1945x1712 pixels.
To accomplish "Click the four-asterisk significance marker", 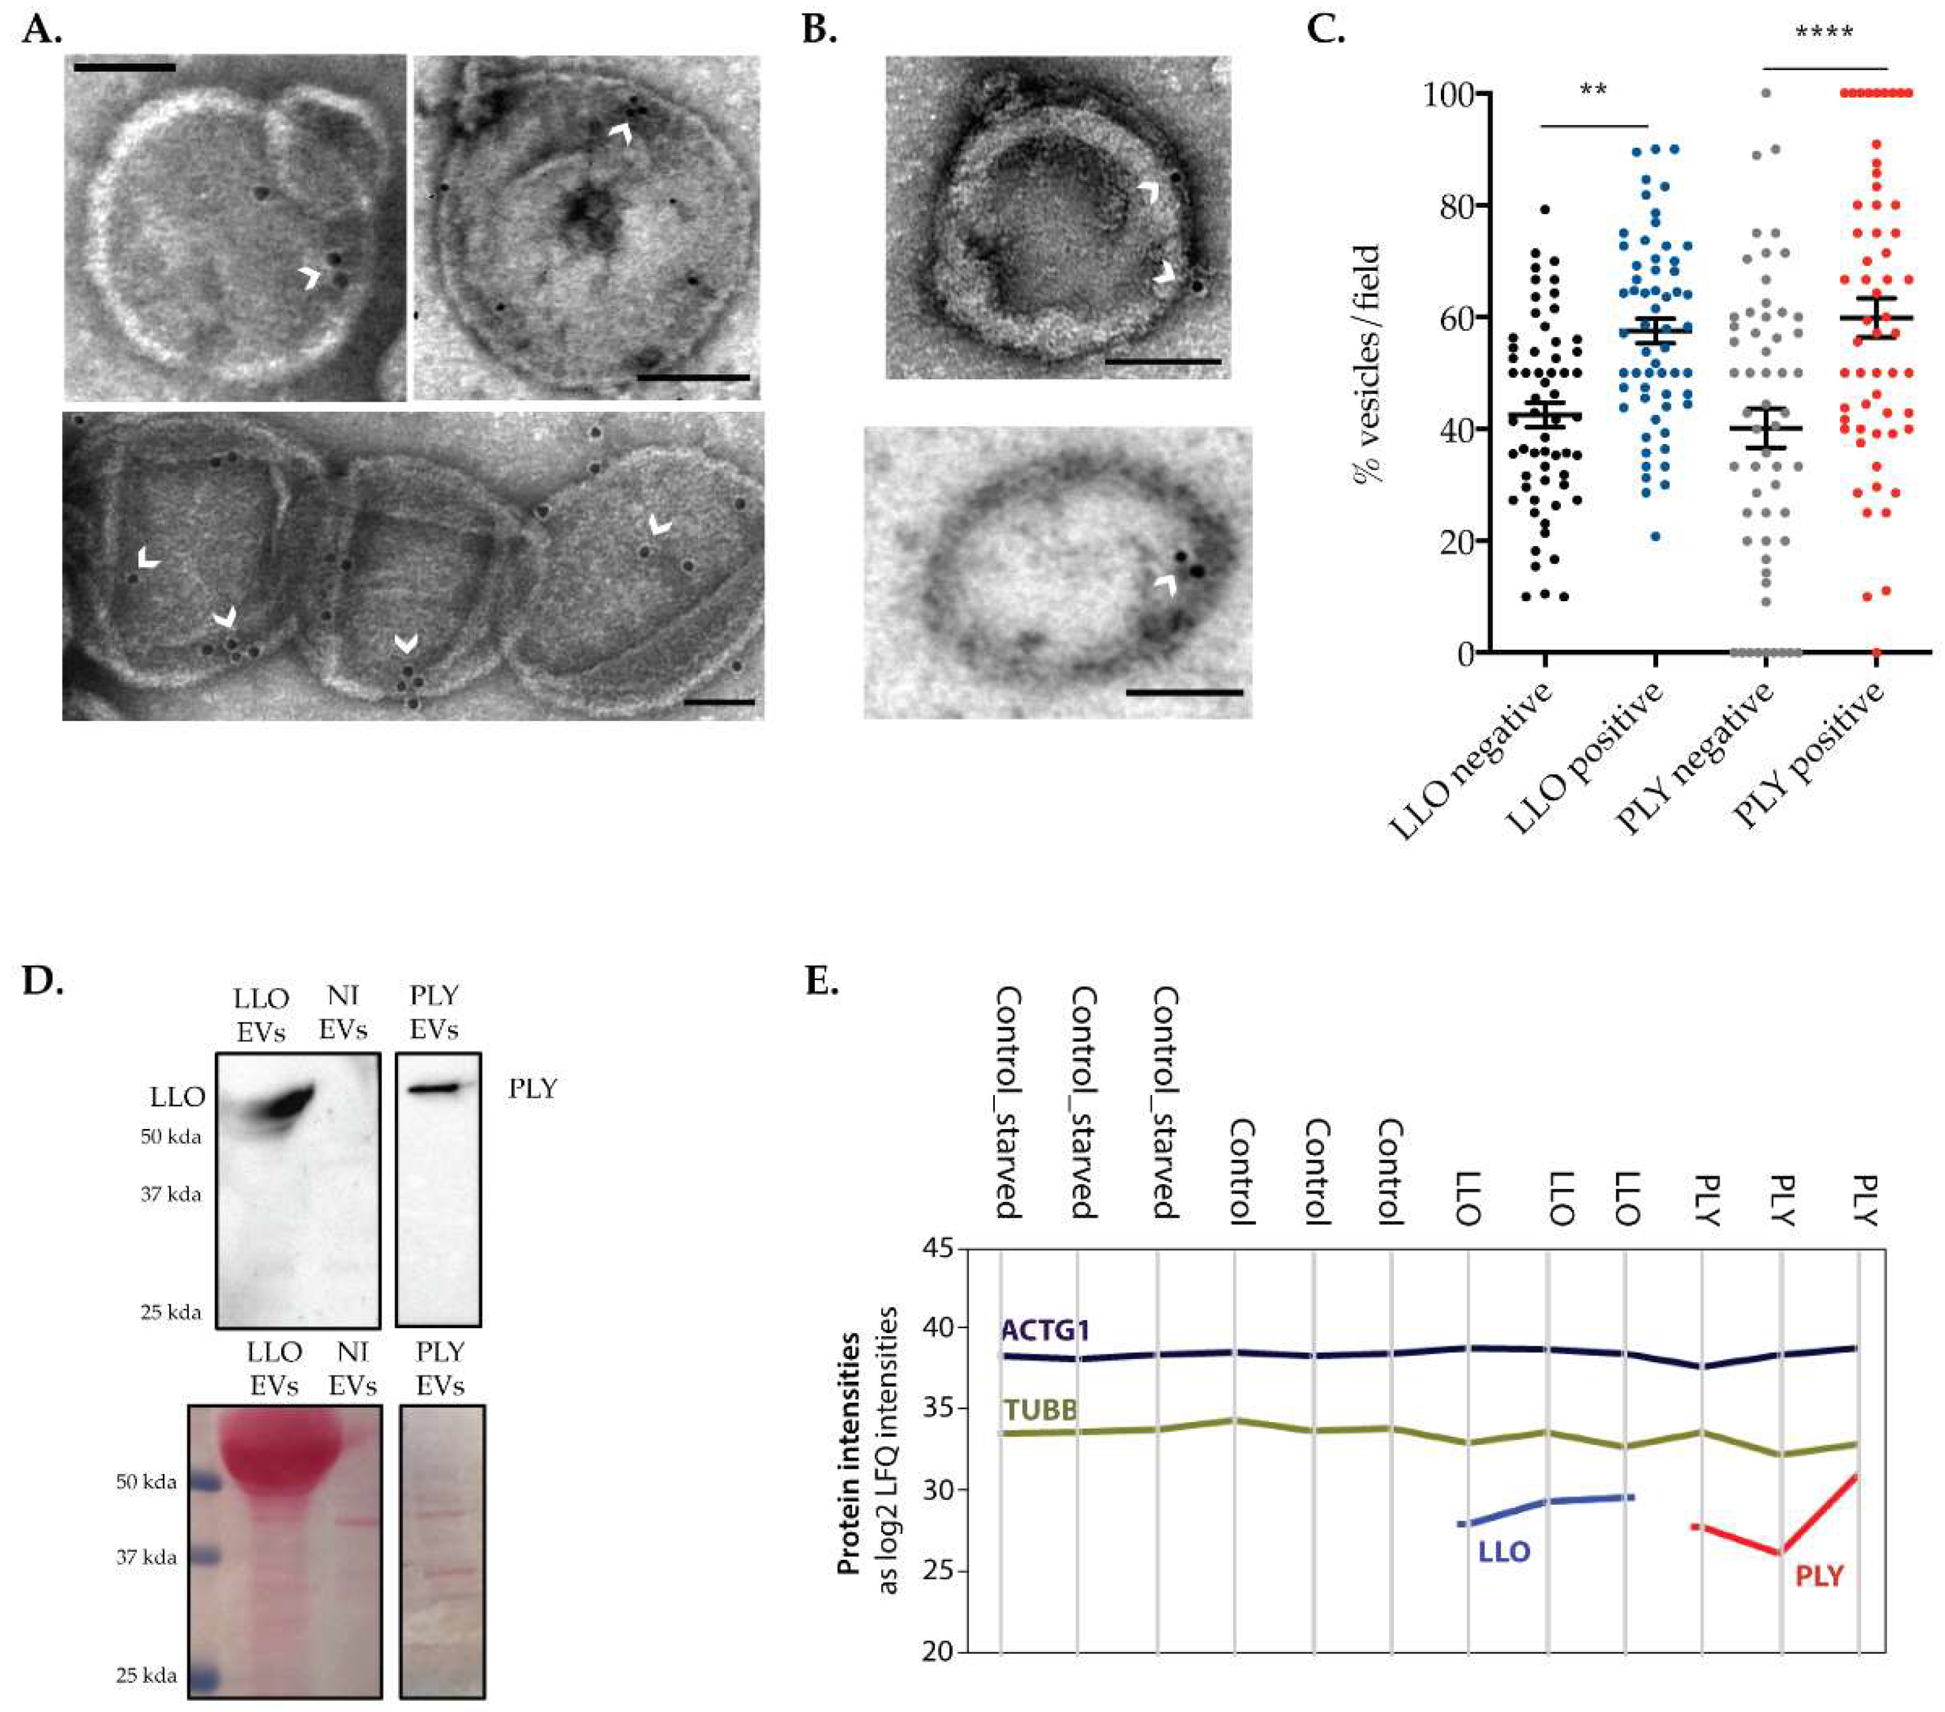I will [x=1824, y=34].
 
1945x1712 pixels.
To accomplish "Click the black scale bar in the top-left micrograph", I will [x=124, y=68].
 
